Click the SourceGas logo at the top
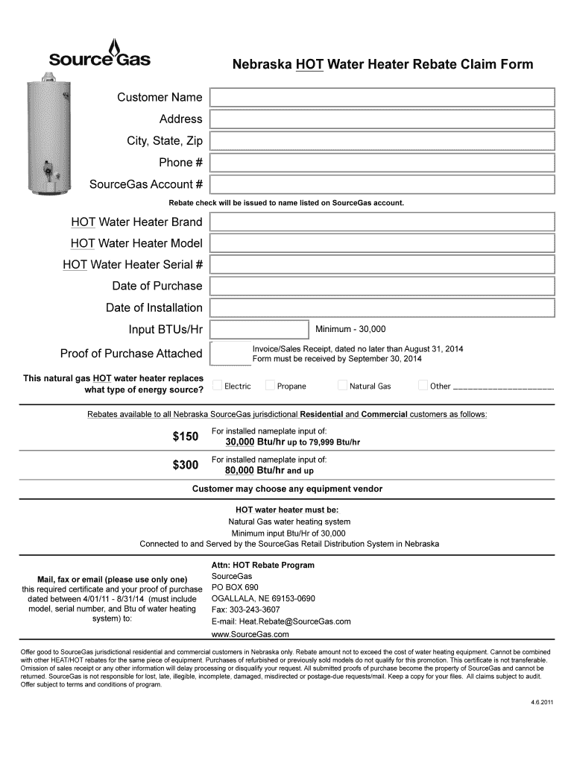coord(99,56)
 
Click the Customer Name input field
coord(382,98)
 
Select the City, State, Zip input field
coord(382,141)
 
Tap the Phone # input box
coord(382,163)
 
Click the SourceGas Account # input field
coord(382,184)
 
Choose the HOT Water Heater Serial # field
coord(382,265)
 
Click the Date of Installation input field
coord(382,308)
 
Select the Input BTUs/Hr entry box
coord(259,330)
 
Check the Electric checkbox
coord(218,386)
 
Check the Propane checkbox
coord(270,386)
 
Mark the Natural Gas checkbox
coord(342,386)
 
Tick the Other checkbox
coord(423,386)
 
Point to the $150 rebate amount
coord(185,436)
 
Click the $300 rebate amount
coord(185,466)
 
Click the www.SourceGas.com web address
coord(250,634)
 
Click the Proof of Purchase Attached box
coord(230,353)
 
